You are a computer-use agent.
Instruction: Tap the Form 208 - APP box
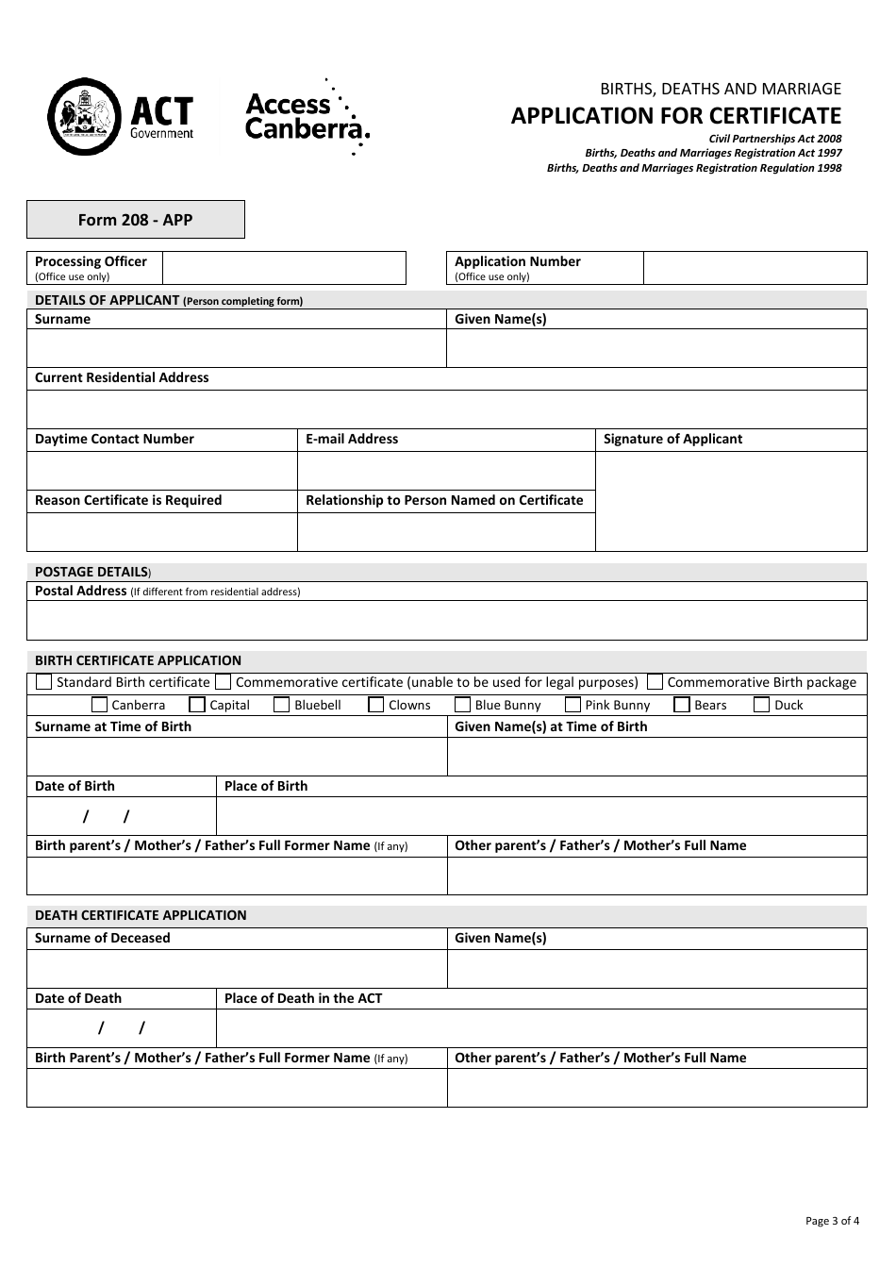pyautogui.click(x=136, y=220)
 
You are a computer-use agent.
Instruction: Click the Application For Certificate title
pyautogui.click(x=675, y=116)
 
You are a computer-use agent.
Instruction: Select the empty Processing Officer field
pyautogui.click(x=284, y=268)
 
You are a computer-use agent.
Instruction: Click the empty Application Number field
pyautogui.click(x=755, y=268)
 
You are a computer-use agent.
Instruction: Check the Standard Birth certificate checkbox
pyautogui.click(x=43, y=682)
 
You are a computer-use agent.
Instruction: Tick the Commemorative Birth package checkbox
pyautogui.click(x=655, y=682)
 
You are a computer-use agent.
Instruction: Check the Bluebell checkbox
pyautogui.click(x=281, y=705)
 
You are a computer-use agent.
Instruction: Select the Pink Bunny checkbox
pyautogui.click(x=572, y=705)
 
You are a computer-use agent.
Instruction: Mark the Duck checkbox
pyautogui.click(x=762, y=705)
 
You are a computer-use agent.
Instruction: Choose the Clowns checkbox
pyautogui.click(x=375, y=705)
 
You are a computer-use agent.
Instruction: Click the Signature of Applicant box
pyautogui.click(x=731, y=501)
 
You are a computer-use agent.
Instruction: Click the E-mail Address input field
pyautogui.click(x=446, y=470)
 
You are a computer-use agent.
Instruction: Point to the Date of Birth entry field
pyautogui.click(x=121, y=816)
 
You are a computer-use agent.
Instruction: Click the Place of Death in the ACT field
pyautogui.click(x=541, y=1028)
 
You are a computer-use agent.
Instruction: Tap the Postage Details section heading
pyautogui.click(x=92, y=572)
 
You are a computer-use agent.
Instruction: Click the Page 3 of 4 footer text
pyautogui.click(x=832, y=1221)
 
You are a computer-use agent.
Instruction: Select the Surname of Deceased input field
pyautogui.click(x=237, y=969)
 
